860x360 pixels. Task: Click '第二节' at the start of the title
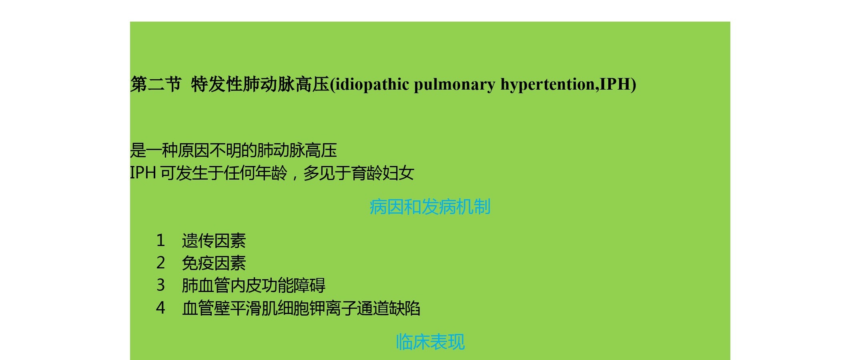(x=156, y=84)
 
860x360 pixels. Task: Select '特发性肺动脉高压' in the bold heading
(x=260, y=84)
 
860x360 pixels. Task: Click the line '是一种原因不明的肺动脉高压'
(x=234, y=150)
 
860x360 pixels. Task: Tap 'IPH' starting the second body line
(x=143, y=173)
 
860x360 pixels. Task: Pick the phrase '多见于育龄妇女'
(x=359, y=173)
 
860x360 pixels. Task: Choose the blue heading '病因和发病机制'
(x=430, y=207)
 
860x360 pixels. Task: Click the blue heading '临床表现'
(x=431, y=342)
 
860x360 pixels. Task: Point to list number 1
(x=160, y=240)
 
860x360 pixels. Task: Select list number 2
(x=160, y=263)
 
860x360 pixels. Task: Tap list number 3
(x=160, y=285)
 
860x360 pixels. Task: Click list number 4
(x=160, y=308)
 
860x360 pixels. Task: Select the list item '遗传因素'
(x=214, y=240)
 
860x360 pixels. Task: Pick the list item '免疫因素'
(x=214, y=263)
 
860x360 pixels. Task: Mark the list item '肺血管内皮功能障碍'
(x=254, y=285)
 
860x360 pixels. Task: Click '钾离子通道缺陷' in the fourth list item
(x=365, y=308)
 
